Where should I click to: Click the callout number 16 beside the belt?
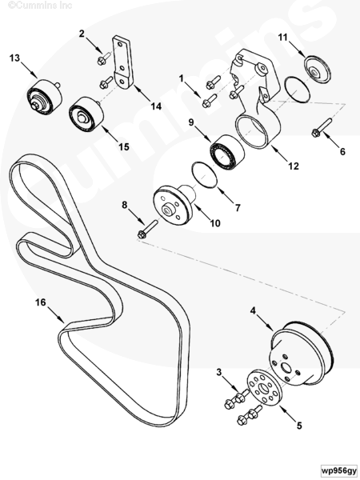point(41,302)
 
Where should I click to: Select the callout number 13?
point(14,58)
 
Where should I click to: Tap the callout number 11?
point(283,37)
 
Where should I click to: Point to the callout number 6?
point(342,151)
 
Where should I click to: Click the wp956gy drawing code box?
point(339,470)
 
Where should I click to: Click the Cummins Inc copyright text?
point(40,6)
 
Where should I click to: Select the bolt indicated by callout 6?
point(322,128)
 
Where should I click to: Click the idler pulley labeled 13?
point(44,97)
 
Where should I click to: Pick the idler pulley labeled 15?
point(86,114)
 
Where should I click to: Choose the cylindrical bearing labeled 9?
point(227,152)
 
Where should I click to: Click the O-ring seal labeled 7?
point(204,174)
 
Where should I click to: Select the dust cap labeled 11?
point(317,69)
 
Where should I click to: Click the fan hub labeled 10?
point(174,205)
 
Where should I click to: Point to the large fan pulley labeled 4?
point(302,351)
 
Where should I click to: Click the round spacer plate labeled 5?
point(265,387)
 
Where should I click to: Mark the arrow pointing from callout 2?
point(94,46)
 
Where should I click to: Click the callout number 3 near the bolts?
point(219,372)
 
